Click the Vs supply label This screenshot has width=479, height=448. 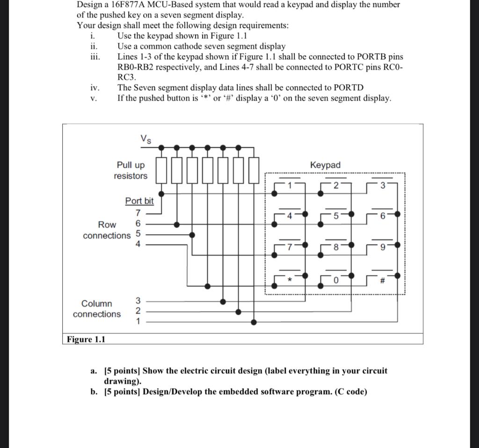coord(145,139)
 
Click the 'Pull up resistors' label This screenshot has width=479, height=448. coord(131,171)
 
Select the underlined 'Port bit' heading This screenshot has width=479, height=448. coord(139,201)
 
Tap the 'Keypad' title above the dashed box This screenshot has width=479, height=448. coord(325,165)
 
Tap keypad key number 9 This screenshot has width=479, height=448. coord(383,248)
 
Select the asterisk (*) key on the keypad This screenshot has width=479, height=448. coord(290,280)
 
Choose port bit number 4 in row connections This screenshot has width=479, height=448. coord(138,244)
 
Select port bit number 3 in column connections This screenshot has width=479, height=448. coord(138,300)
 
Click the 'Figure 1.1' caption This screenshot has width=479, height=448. coord(86,339)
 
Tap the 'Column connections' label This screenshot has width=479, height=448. coord(97,309)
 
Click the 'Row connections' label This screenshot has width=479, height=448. coord(107,230)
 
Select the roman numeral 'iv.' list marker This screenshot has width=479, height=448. coord(94,87)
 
